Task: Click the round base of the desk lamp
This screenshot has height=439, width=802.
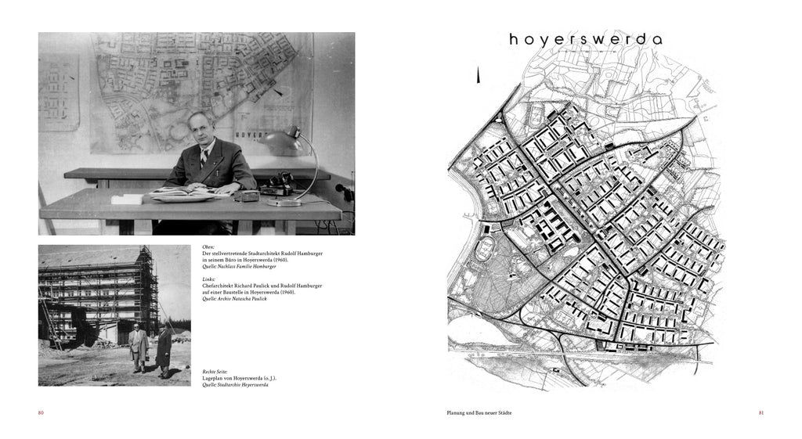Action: point(284,202)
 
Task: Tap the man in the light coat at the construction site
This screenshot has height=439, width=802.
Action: point(139,347)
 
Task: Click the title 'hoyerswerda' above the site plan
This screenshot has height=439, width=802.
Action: point(585,40)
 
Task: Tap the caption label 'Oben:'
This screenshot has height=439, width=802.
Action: point(208,247)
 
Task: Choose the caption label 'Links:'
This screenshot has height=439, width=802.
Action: point(208,279)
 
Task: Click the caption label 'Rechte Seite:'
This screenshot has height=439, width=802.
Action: point(217,372)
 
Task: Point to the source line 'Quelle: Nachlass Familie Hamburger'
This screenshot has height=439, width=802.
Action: point(239,267)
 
